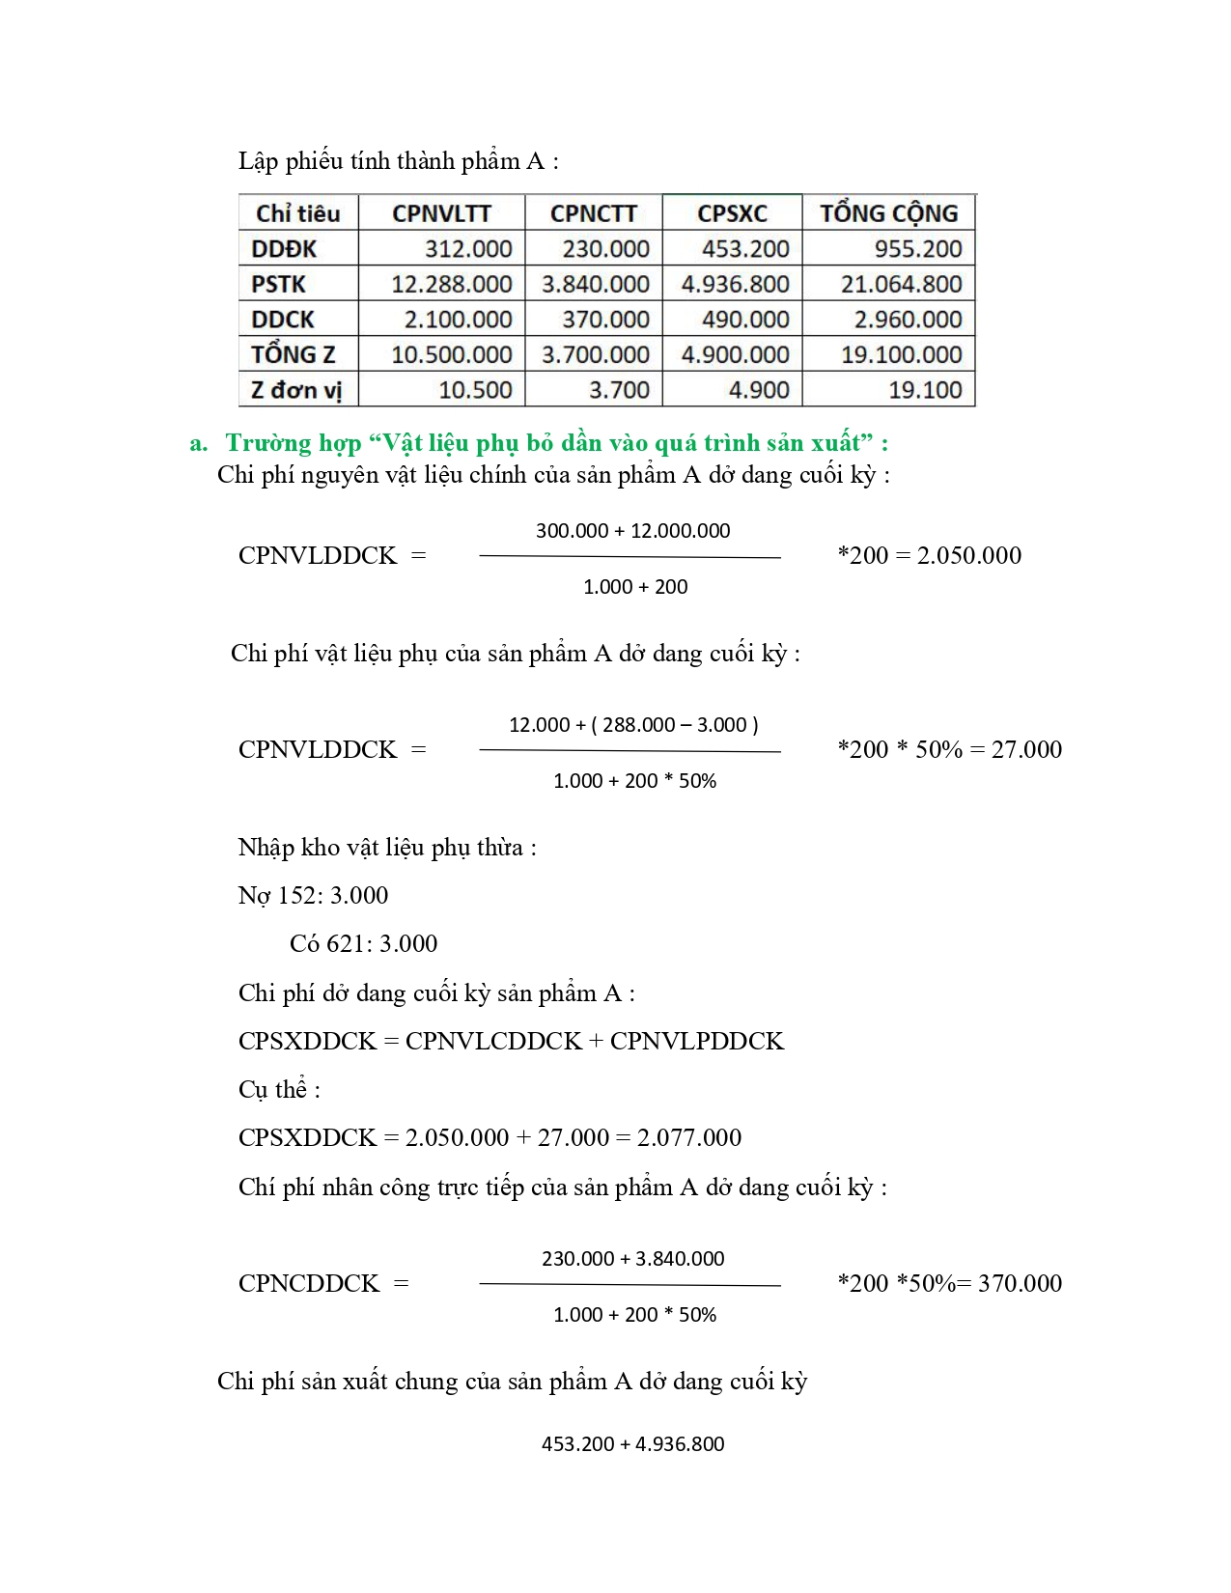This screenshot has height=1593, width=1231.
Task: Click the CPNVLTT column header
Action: pyautogui.click(x=441, y=213)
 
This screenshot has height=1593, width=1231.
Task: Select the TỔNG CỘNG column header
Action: pyautogui.click(x=888, y=213)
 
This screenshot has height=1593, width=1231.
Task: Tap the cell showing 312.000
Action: pyautogui.click(x=468, y=249)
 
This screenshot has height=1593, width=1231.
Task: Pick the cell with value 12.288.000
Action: pyautogui.click(x=451, y=284)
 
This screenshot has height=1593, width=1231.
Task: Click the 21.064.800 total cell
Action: pyautogui.click(x=901, y=284)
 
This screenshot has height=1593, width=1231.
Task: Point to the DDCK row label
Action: pyautogui.click(x=283, y=320)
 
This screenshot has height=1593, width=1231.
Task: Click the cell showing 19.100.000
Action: pyautogui.click(x=901, y=354)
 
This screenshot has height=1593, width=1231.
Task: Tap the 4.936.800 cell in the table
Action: pyautogui.click(x=735, y=284)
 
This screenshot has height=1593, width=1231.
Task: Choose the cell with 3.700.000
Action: pyautogui.click(x=595, y=354)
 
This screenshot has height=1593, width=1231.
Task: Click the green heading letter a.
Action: pyautogui.click(x=198, y=443)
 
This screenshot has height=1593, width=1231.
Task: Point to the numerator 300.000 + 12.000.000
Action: pyautogui.click(x=632, y=530)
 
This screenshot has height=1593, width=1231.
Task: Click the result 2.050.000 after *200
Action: pyautogui.click(x=968, y=555)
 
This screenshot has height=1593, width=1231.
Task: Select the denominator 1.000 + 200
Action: pyautogui.click(x=635, y=586)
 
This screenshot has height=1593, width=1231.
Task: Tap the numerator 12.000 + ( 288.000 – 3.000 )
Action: pyautogui.click(x=633, y=724)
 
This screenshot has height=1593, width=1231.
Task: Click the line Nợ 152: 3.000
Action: pyautogui.click(x=313, y=895)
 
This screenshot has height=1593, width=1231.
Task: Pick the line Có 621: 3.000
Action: pyautogui.click(x=363, y=943)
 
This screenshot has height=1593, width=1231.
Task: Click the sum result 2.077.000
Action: pyautogui.click(x=689, y=1137)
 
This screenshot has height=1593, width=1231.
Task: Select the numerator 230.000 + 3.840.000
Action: pyautogui.click(x=632, y=1258)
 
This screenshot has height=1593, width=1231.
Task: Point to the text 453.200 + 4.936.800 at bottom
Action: pyautogui.click(x=632, y=1443)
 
